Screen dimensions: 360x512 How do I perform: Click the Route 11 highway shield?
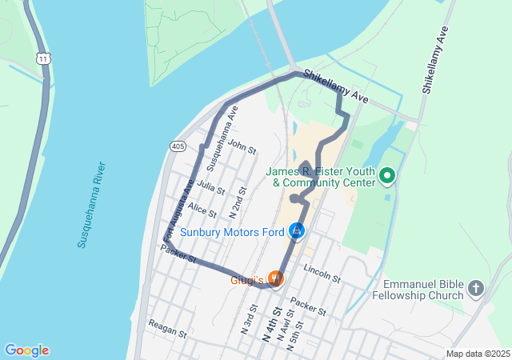(x=43, y=58)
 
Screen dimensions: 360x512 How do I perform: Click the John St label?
(x=242, y=147)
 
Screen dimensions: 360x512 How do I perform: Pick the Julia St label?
(x=210, y=188)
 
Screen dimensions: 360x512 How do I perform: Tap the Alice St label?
(x=202, y=210)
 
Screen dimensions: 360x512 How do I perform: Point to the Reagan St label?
(x=167, y=328)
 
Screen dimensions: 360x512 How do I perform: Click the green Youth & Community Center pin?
(x=387, y=175)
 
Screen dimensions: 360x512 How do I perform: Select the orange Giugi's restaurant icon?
(x=274, y=278)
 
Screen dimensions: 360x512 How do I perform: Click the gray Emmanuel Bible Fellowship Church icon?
(x=476, y=287)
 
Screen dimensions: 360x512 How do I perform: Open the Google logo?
(x=26, y=350)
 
